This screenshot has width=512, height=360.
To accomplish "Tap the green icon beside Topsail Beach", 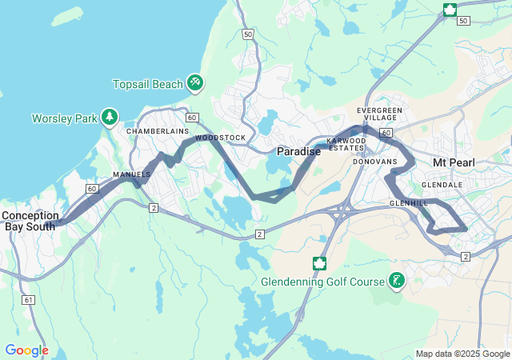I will point(194,82).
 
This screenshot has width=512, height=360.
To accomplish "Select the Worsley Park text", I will point(63,118).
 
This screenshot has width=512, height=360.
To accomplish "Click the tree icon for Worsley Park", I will point(109,118).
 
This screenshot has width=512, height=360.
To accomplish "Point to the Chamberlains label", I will point(158,130).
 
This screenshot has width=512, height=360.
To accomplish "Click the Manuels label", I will point(131,174).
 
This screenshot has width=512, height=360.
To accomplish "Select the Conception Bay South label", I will point(30,221).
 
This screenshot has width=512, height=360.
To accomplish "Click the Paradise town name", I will point(298,151).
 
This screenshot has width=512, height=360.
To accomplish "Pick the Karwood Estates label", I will point(346,144).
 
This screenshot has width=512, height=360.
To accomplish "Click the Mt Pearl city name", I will point(454,162).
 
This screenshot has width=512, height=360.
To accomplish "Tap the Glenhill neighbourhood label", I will point(409,204).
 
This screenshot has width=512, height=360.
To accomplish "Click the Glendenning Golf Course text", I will point(322,282).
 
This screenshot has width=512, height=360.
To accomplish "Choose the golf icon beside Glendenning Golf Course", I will point(396,280).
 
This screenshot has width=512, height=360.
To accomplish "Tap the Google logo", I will point(26,350).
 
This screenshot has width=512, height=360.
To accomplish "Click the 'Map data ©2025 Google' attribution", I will point(462,354).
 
